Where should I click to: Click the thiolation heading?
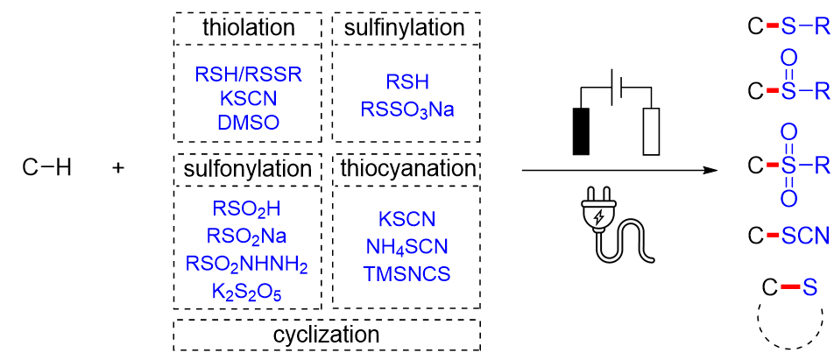[248, 28]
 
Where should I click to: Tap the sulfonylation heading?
[248, 167]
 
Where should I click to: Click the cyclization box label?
[326, 335]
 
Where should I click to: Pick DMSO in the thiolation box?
[248, 122]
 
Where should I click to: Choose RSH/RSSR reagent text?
[248, 74]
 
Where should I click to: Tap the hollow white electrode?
[650, 131]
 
